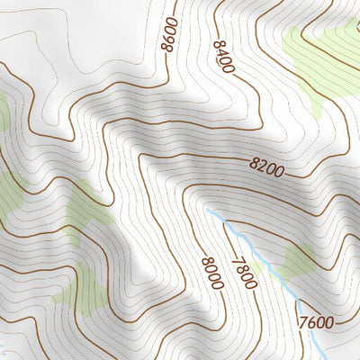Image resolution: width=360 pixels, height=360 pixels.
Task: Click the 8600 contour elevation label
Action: point(169,35)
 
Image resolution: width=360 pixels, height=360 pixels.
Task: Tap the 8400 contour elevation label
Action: point(224,57)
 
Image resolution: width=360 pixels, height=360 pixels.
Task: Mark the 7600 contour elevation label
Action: point(315,322)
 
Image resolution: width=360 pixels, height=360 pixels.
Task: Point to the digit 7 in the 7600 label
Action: point(301,322)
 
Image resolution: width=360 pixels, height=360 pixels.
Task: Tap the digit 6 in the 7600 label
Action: point(310,322)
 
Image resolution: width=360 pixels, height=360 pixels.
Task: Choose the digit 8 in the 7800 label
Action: point(240,268)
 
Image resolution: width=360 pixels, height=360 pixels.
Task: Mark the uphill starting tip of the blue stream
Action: point(206,208)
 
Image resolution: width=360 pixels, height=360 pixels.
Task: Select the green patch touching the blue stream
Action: point(292,263)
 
